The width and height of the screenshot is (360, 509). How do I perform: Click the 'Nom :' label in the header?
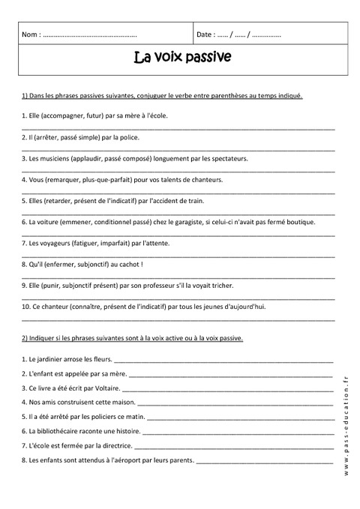point(31,34)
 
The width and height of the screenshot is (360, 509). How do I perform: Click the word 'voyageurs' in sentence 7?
point(49,244)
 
